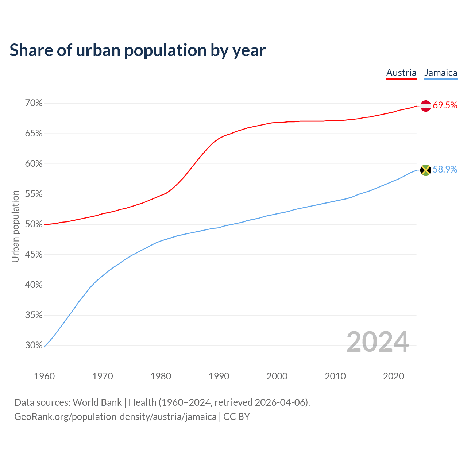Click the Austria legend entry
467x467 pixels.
point(401,73)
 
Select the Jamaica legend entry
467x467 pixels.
point(441,73)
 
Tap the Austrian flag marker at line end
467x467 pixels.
point(426,106)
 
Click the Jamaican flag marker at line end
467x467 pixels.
point(426,170)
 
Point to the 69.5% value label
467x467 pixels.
point(445,105)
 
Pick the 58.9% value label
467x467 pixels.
point(445,170)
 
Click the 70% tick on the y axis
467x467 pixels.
point(34,103)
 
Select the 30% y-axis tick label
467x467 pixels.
point(34,345)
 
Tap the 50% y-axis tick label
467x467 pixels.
point(34,224)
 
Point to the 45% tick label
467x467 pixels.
point(34,255)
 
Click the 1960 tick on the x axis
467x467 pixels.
point(45,376)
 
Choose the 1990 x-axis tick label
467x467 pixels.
point(219,376)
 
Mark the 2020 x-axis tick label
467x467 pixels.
point(393,376)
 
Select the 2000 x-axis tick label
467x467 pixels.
point(277,376)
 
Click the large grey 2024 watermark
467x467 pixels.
point(378,342)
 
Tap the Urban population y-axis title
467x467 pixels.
point(15,226)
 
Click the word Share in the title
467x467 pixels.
point(31,50)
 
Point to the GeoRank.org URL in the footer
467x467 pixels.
point(115,417)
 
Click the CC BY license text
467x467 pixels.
point(236,417)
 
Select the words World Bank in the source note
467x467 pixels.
point(97,402)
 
